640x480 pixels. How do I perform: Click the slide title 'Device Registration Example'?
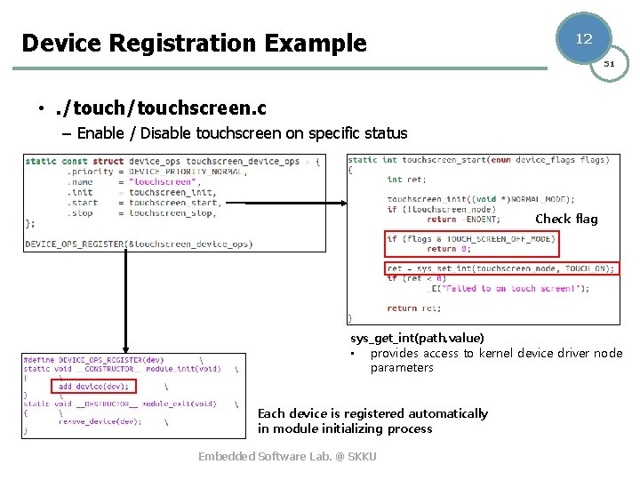194,43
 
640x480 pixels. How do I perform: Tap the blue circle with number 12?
583,38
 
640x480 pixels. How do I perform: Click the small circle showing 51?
609,64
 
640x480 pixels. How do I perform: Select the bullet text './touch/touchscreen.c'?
160,108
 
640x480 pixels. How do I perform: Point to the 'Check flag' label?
566,219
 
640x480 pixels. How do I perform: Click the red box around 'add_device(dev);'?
93,387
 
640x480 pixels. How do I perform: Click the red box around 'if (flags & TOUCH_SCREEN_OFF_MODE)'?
471,242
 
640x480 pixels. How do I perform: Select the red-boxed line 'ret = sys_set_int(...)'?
500,268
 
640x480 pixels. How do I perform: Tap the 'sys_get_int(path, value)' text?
417,338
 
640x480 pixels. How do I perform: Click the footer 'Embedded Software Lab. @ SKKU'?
287,456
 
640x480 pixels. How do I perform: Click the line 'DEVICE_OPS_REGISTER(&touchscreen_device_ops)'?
139,244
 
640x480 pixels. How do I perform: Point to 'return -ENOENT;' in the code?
463,219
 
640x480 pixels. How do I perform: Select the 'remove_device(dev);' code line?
100,421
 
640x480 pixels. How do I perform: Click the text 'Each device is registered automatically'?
372,413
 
